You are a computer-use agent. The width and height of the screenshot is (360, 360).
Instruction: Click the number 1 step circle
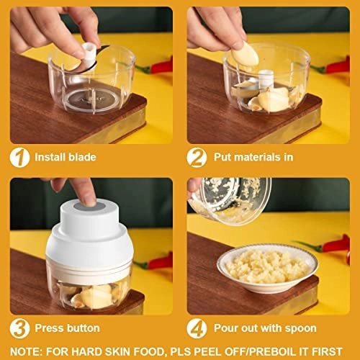[19, 157]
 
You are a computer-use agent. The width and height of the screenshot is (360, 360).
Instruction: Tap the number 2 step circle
[197, 157]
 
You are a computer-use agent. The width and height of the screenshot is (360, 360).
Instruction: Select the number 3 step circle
[19, 328]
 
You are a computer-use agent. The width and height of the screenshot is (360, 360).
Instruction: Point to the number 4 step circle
[197, 328]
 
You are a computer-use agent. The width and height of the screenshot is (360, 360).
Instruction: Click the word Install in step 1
[52, 157]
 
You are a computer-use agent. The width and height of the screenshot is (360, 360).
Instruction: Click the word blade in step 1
[83, 157]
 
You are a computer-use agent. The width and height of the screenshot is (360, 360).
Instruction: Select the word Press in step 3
[50, 328]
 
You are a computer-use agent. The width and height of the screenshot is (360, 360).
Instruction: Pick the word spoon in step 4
[300, 328]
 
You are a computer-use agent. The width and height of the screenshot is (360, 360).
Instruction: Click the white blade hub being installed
[87, 52]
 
